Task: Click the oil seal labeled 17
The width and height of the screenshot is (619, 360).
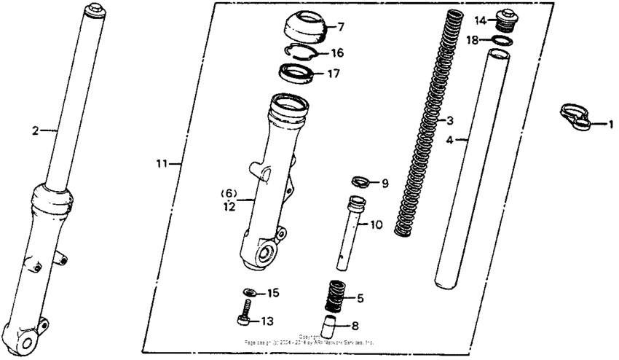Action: pyautogui.click(x=299, y=72)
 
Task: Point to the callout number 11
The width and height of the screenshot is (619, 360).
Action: pyautogui.click(x=161, y=164)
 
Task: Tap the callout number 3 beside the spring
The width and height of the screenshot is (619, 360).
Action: pyautogui.click(x=450, y=120)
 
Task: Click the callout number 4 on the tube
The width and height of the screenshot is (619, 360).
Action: pyautogui.click(x=449, y=138)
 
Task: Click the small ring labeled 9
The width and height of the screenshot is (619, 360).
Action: pyautogui.click(x=360, y=181)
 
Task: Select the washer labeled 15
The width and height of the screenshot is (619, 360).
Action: pyautogui.click(x=249, y=292)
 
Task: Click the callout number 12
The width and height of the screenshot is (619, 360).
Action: pyautogui.click(x=229, y=206)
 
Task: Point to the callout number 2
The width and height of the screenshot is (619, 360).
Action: pyautogui.click(x=34, y=131)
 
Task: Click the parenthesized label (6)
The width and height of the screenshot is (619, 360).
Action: pyautogui.click(x=229, y=193)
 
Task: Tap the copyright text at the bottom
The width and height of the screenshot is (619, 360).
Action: pyautogui.click(x=309, y=340)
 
